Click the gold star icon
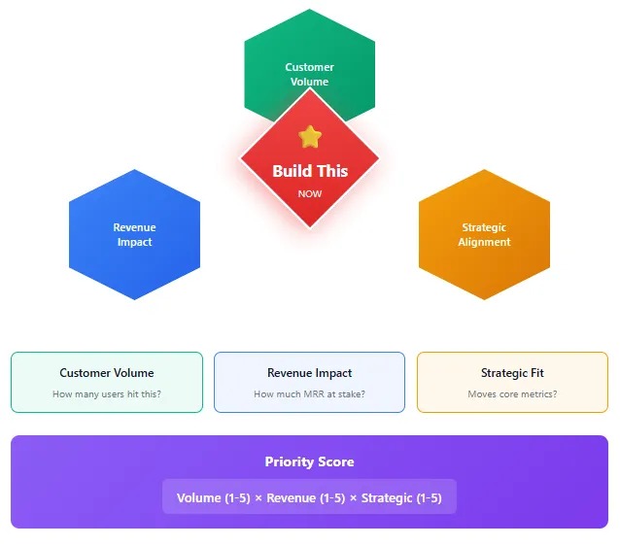309,137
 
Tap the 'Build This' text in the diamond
309,171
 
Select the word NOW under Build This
309,193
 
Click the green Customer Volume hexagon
309,49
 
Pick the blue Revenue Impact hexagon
134,235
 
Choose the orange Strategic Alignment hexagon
484,235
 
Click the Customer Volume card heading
107,373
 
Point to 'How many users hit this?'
107,394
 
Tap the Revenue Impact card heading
309,373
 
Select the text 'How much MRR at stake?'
309,394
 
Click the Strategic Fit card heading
512,373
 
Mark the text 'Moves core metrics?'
512,394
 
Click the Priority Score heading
309,462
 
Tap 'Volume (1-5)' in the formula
213,498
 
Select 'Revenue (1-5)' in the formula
306,498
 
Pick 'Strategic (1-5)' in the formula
402,498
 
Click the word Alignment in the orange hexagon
484,242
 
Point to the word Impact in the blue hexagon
134,242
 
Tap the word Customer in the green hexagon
309,67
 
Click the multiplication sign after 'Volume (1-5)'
258,498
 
